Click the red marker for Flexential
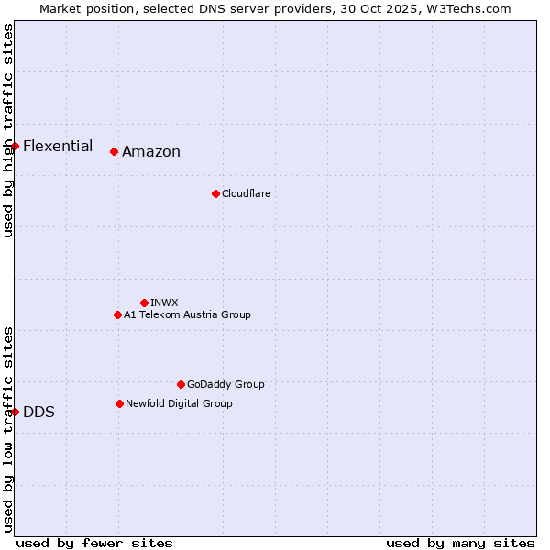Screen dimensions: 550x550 click(x=16, y=146)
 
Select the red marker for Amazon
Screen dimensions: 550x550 click(x=114, y=151)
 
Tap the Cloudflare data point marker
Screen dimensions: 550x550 click(x=215, y=193)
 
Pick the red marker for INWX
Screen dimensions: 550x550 click(x=144, y=302)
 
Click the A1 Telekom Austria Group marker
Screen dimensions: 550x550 click(x=117, y=314)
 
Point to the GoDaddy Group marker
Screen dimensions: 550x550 click(x=181, y=384)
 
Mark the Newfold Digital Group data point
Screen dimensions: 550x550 click(x=119, y=403)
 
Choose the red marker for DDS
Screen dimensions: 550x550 click(x=16, y=412)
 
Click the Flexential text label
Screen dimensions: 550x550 click(x=58, y=146)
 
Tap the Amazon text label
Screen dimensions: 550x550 click(x=151, y=152)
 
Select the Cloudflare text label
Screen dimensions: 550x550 click(x=247, y=193)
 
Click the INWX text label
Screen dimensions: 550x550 click(x=164, y=302)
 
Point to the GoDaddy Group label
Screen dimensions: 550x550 click(x=225, y=384)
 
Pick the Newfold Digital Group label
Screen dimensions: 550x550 click(x=179, y=403)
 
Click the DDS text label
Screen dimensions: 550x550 click(x=38, y=412)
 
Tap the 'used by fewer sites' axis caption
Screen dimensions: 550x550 click(x=94, y=543)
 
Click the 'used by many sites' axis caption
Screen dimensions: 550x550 click(x=460, y=543)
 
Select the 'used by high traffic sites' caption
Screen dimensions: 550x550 click(x=8, y=130)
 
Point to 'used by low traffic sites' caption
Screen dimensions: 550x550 click(x=8, y=429)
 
